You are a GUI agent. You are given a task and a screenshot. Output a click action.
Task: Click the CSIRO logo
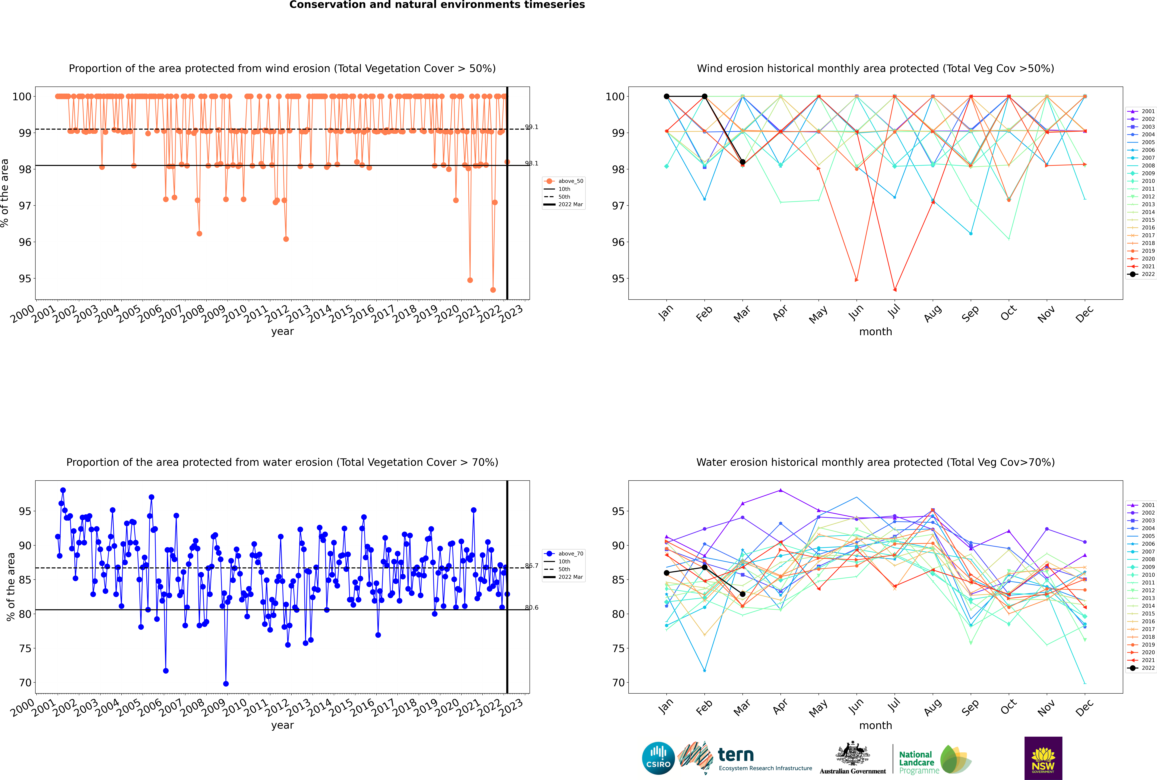tap(658, 758)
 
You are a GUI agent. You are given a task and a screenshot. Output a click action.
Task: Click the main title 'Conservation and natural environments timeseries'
tap(437, 5)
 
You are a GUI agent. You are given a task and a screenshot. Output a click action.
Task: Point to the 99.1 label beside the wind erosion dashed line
tap(531, 127)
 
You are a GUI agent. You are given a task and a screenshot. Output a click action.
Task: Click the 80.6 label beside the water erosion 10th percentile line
tap(531, 607)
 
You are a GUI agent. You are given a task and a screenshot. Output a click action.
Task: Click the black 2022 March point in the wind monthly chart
tap(743, 162)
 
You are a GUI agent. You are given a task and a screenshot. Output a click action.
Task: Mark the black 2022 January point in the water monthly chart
tap(667, 573)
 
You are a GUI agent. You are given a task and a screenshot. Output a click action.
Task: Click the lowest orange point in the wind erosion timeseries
tap(493, 290)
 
